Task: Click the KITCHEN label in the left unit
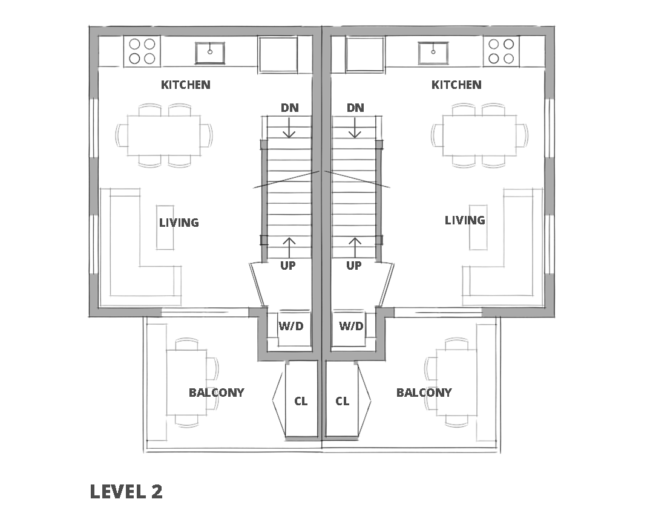point(186,85)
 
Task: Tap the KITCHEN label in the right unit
point(456,85)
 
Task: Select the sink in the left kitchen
point(210,53)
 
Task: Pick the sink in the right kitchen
point(433,53)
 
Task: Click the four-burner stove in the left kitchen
point(142,51)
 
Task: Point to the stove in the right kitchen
point(501,51)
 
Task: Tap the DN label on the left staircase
point(289,108)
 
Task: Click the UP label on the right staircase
point(354,266)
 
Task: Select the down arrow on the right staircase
point(355,128)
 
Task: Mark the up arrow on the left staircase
point(289,248)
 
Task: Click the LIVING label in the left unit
point(179,223)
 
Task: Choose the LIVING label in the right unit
point(465,220)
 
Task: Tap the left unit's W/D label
point(291,326)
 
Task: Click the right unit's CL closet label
point(343,401)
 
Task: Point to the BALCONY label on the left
point(217,393)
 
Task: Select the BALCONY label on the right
point(424,393)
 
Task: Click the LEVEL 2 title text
point(126,492)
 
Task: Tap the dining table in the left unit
point(164,135)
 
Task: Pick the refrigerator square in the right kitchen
point(365,54)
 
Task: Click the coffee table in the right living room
point(478,227)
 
